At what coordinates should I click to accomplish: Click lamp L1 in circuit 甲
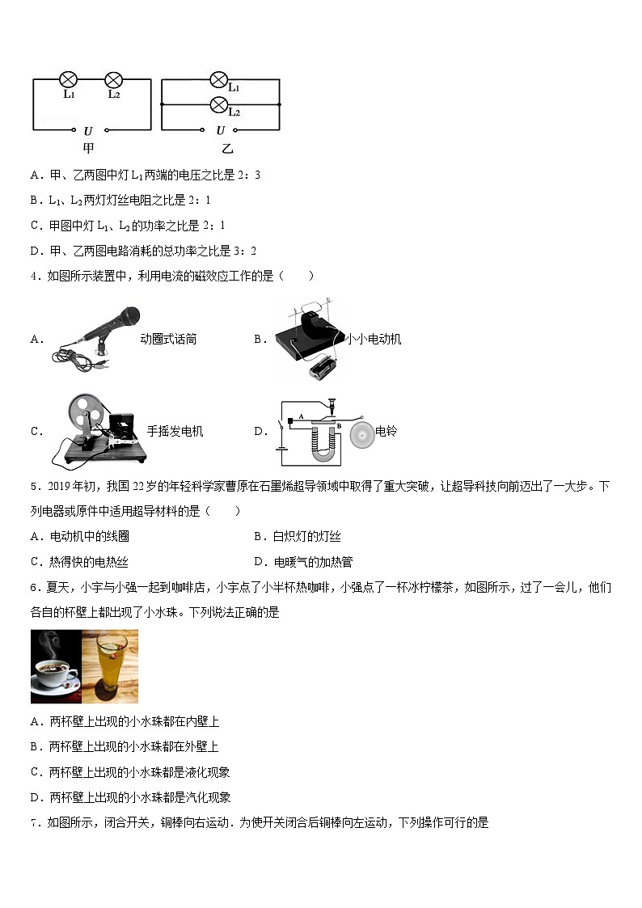70,79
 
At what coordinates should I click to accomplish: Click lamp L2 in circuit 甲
114,79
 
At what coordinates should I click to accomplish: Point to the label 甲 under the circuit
89,148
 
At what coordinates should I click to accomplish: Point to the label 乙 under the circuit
227,149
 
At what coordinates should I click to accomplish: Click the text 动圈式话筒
168,340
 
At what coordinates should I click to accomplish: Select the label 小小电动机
374,340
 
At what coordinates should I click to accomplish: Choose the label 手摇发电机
175,431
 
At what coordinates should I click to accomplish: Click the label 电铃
386,432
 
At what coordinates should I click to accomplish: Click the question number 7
34,823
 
